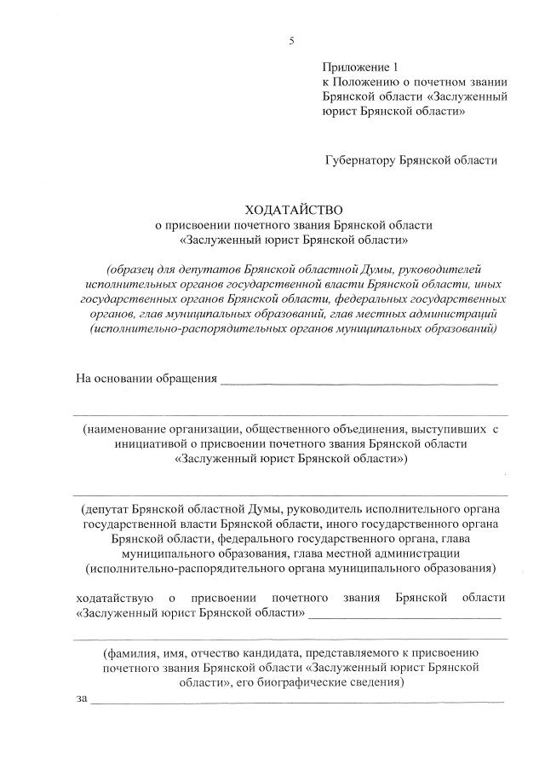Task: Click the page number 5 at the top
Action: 291,41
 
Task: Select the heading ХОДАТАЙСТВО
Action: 293,209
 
